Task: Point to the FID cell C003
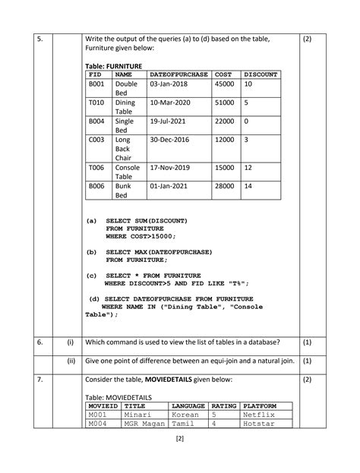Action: click(x=96, y=140)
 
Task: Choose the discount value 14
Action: click(x=248, y=185)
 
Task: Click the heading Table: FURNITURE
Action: click(x=114, y=67)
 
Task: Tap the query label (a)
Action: click(x=92, y=220)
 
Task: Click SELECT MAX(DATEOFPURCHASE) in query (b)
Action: click(x=159, y=251)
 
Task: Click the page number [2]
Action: click(x=180, y=439)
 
